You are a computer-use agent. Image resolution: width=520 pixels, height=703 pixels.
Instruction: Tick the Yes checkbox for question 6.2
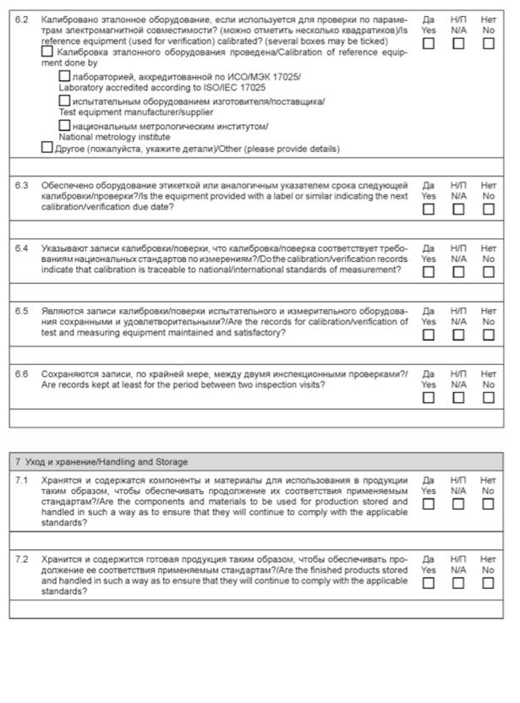click(429, 43)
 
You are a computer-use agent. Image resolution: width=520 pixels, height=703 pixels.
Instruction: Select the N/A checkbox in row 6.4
click(458, 272)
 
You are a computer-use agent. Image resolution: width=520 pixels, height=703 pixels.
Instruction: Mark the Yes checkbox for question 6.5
click(429, 335)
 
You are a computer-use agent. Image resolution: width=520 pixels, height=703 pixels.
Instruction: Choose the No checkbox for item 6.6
click(489, 397)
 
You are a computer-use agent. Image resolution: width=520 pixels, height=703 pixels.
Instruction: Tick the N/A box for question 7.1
click(458, 504)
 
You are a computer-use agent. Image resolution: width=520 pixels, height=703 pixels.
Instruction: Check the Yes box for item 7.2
click(429, 583)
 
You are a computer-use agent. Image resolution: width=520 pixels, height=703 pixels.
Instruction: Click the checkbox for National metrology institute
click(64, 126)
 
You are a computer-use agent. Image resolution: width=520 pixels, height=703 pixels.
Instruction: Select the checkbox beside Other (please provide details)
click(47, 147)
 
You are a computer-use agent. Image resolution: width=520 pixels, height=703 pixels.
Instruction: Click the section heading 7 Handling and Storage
click(101, 461)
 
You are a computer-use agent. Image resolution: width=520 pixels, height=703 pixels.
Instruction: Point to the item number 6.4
click(23, 248)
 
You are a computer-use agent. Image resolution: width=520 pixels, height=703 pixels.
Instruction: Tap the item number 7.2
click(23, 559)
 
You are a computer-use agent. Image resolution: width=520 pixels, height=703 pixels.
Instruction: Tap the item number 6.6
click(23, 373)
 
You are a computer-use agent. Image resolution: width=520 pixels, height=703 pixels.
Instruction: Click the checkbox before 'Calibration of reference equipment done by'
click(47, 52)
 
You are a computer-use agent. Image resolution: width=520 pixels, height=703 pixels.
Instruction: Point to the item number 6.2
click(23, 19)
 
